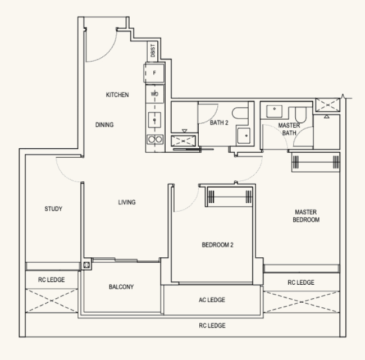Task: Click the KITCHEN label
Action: pyautogui.click(x=117, y=95)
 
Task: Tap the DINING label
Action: pyautogui.click(x=104, y=125)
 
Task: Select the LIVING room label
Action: pyautogui.click(x=127, y=202)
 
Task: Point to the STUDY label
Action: pyautogui.click(x=53, y=208)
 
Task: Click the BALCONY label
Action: pyautogui.click(x=121, y=286)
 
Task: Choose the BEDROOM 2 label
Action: pyautogui.click(x=217, y=245)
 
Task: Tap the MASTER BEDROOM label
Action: pyautogui.click(x=306, y=216)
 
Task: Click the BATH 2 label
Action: pyautogui.click(x=219, y=122)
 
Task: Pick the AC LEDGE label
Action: pyautogui.click(x=212, y=300)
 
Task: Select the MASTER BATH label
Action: pyautogui.click(x=289, y=129)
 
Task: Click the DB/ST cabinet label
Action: pyautogui.click(x=153, y=51)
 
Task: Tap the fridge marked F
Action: pyautogui.click(x=154, y=73)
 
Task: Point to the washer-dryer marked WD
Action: pyautogui.click(x=154, y=94)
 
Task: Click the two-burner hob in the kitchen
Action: pyautogui.click(x=155, y=139)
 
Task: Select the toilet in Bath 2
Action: pyautogui.click(x=240, y=113)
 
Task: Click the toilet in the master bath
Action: pyautogui.click(x=300, y=115)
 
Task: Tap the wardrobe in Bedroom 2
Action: pyautogui.click(x=229, y=197)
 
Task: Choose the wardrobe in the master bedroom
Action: pyautogui.click(x=316, y=162)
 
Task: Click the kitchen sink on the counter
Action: pyautogui.click(x=154, y=120)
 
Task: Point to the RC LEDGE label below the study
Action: pyautogui.click(x=52, y=280)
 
